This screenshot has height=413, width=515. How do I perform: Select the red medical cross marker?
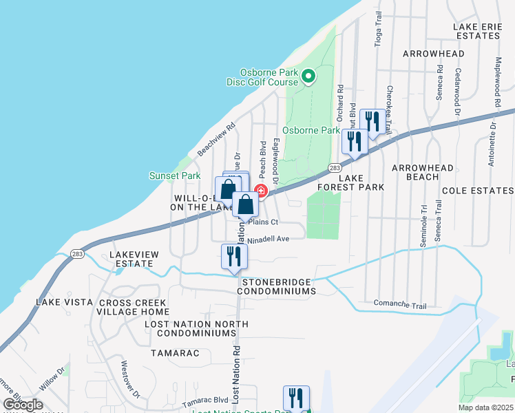point(261,191)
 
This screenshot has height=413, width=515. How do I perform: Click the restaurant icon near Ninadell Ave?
point(234,256)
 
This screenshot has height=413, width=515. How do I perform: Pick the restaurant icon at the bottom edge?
point(296,398)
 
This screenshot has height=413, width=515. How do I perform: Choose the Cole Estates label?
point(479,190)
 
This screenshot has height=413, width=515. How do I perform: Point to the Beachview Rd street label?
point(217,138)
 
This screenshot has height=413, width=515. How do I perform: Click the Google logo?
point(23,405)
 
